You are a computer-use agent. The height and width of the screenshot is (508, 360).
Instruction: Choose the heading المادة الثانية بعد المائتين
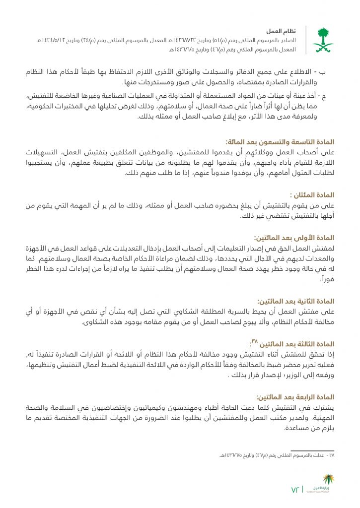[x=296, y=301]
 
